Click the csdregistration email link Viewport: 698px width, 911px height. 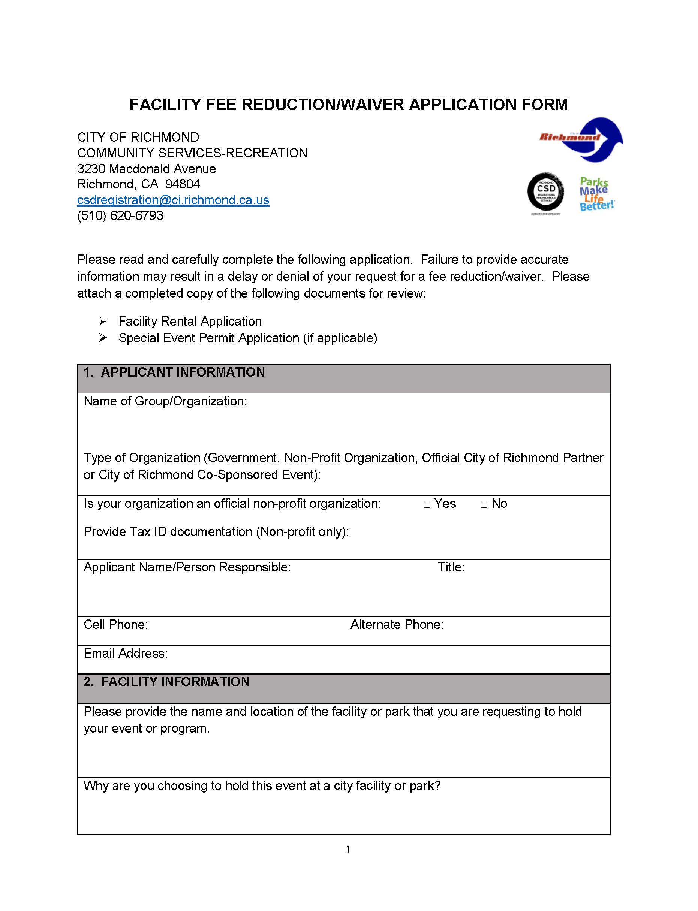pyautogui.click(x=173, y=200)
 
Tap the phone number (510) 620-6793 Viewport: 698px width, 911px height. pyautogui.click(x=120, y=215)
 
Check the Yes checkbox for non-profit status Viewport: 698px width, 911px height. pyautogui.click(x=427, y=505)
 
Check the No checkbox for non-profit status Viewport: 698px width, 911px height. pyautogui.click(x=484, y=505)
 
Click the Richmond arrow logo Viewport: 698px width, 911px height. pyautogui.click(x=582, y=139)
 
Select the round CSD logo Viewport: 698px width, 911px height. pyautogui.click(x=545, y=192)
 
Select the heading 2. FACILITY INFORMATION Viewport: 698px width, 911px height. pyautogui.click(x=166, y=682)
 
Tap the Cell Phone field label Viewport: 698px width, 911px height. pyautogui.click(x=116, y=624)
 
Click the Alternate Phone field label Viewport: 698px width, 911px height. pyautogui.click(x=397, y=624)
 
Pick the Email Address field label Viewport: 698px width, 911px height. pyautogui.click(x=126, y=653)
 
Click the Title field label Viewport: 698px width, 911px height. pyautogui.click(x=451, y=567)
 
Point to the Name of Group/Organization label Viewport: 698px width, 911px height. pyautogui.click(x=165, y=401)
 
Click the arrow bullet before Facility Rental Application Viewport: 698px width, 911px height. pyautogui.click(x=103, y=321)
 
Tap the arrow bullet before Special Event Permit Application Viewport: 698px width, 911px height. pyautogui.click(x=103, y=338)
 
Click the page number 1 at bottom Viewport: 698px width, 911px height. pyautogui.click(x=348, y=850)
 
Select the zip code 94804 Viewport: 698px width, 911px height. pyautogui.click(x=183, y=184)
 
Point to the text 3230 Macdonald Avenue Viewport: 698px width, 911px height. pyautogui.click(x=146, y=169)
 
